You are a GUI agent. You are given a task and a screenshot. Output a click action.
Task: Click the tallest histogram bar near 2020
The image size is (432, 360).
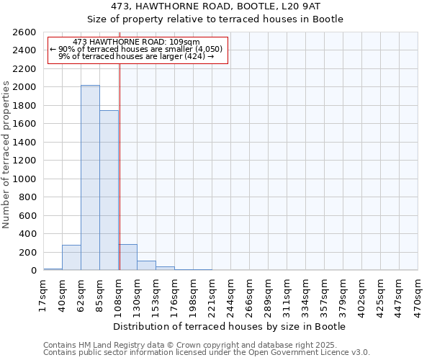tap(90, 178)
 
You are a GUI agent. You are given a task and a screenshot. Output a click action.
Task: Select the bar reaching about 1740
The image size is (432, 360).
tap(109, 191)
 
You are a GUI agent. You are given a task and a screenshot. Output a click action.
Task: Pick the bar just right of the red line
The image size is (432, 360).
tap(128, 258)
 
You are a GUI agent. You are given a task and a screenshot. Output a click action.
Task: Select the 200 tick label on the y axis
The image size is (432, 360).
tap(30, 253)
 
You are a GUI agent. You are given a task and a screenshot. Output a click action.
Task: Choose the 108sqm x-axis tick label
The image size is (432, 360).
tap(119, 295)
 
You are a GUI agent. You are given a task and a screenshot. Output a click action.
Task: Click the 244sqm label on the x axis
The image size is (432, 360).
tap(231, 295)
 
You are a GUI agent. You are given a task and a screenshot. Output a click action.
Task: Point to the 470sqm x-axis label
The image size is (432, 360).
tap(418, 295)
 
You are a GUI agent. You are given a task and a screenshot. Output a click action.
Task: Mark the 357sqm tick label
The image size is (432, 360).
tap(325, 295)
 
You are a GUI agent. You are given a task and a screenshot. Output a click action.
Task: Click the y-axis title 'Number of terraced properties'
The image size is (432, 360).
tap(7, 155)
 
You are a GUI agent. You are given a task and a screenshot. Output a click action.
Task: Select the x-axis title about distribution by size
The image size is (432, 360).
tap(230, 326)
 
